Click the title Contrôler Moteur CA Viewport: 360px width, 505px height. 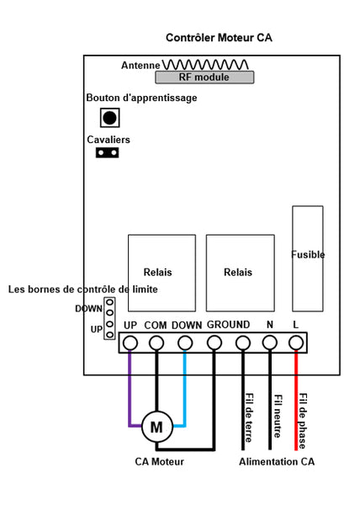pos(219,38)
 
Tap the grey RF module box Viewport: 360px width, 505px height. pos(204,77)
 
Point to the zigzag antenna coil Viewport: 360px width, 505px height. pos(205,65)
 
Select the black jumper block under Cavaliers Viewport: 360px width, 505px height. pos(107,152)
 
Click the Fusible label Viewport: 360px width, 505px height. pos(308,254)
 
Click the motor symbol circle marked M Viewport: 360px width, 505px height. pos(157,427)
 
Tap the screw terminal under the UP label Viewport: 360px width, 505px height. pos(130,343)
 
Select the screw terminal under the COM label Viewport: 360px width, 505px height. pos(156,343)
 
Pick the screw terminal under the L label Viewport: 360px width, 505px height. pos(296,343)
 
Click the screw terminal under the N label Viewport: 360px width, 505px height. pos(270,343)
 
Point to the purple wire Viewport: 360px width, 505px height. pos(130,396)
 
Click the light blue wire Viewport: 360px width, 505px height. pos(184,396)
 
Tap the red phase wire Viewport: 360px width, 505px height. pos(296,400)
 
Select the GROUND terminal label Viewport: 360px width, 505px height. pos(228,325)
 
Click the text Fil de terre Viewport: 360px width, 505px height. pos(249,417)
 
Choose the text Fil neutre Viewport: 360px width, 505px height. pos(278,416)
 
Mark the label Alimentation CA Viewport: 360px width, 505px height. pos(277,461)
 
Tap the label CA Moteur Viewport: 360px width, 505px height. pos(159,461)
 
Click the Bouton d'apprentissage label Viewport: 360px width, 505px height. pos(141,98)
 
